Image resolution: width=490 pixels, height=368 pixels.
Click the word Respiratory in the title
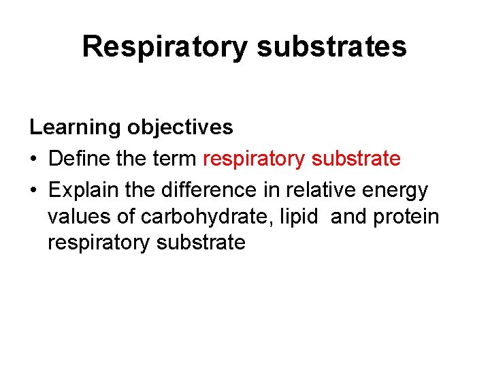[x=163, y=47]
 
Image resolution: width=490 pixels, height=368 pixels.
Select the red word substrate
[x=355, y=159]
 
